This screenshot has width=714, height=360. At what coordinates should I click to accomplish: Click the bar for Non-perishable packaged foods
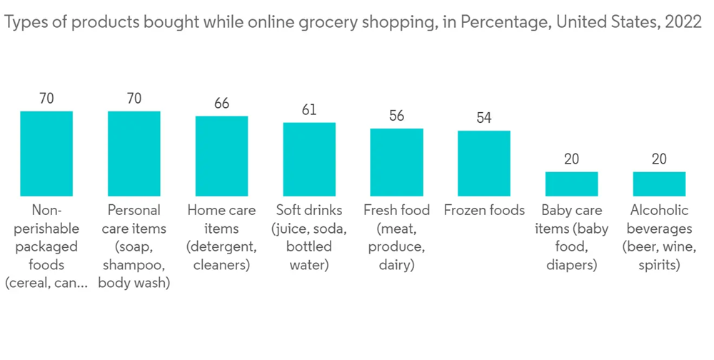click(x=46, y=154)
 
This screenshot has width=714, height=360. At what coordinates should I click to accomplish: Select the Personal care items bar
click(x=134, y=154)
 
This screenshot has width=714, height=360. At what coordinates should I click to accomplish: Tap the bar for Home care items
click(x=221, y=156)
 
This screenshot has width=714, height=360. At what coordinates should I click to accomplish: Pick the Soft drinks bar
click(x=309, y=159)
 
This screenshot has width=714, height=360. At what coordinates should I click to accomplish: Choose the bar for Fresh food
click(x=396, y=162)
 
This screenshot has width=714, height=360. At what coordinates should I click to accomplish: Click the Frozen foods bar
click(x=484, y=164)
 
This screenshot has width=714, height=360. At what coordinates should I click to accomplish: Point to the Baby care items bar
click(x=571, y=184)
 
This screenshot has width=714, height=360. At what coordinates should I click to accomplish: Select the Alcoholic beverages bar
click(x=659, y=184)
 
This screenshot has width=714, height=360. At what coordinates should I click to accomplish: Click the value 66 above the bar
click(x=221, y=104)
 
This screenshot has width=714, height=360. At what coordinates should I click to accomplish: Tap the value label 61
click(x=309, y=110)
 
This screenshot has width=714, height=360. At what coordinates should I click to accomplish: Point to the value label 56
click(x=396, y=116)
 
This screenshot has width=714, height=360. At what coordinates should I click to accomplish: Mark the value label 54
click(x=484, y=118)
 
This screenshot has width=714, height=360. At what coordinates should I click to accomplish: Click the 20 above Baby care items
click(x=571, y=159)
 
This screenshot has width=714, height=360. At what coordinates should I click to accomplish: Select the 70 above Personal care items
click(x=134, y=99)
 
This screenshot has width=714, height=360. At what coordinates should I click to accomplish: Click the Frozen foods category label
click(x=484, y=211)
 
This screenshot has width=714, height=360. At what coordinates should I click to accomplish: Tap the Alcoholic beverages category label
click(x=659, y=238)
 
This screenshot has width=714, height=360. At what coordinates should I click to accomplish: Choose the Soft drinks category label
click(x=309, y=238)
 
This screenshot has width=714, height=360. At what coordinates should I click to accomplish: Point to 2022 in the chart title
click(x=683, y=22)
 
